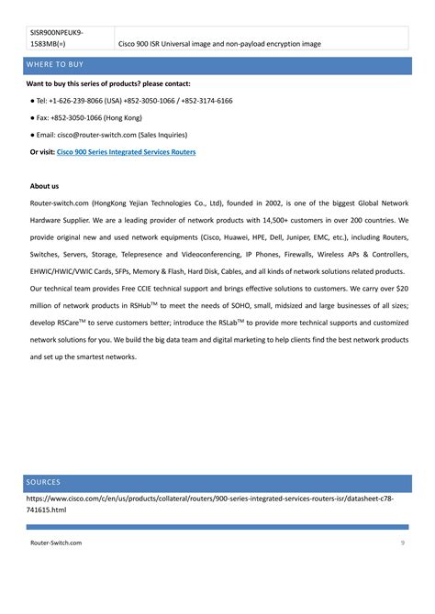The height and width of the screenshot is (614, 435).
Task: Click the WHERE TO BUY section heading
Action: click(x=57, y=65)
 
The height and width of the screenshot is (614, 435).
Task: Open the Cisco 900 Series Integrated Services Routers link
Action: click(x=126, y=151)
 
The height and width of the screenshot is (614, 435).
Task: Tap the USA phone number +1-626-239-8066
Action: click(x=79, y=101)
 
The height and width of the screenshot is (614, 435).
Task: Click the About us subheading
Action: click(x=44, y=185)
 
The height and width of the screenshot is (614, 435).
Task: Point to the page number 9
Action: click(x=403, y=543)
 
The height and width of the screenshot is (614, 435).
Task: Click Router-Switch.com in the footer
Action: click(x=56, y=543)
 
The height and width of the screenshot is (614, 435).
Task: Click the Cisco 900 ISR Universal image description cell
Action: click(x=220, y=43)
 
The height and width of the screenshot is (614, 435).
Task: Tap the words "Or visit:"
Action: click(x=42, y=151)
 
